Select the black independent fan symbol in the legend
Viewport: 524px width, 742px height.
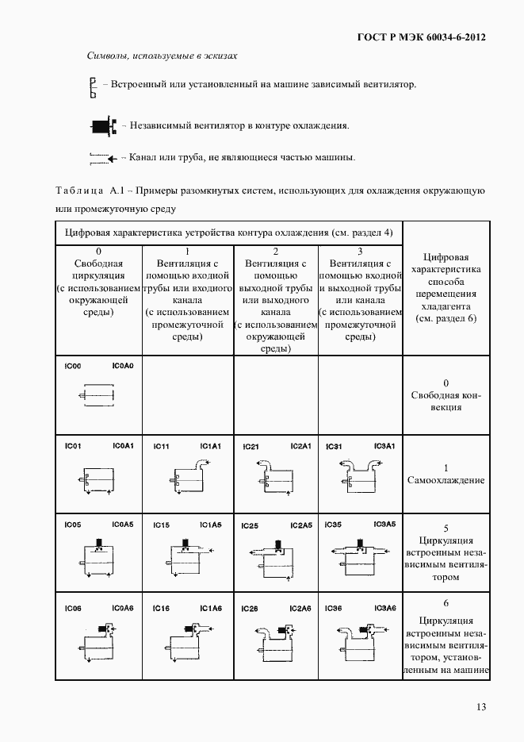pos(103,125)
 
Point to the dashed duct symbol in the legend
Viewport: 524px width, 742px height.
pos(103,157)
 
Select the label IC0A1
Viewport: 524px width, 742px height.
pos(123,446)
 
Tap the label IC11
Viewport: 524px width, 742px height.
pos(162,447)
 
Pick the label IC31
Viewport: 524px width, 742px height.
pos(334,447)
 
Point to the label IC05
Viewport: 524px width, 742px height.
pos(74,525)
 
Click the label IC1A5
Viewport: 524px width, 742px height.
pos(211,525)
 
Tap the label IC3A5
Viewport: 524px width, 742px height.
pos(384,525)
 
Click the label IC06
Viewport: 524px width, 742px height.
pos(74,608)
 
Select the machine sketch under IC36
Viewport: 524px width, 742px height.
pos(360,643)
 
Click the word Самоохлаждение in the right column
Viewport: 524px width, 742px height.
pos(446,480)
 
